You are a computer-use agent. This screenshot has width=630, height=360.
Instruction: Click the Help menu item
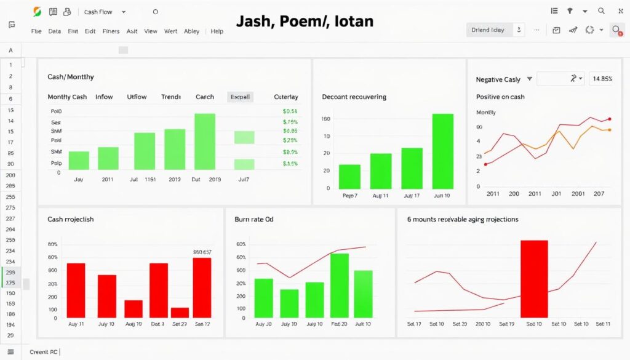[217, 31]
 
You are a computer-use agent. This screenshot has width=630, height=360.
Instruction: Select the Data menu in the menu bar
[55, 31]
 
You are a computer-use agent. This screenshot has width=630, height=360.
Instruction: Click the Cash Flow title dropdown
[105, 12]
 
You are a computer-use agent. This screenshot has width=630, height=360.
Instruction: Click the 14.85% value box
[601, 79]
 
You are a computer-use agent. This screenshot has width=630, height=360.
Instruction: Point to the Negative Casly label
[498, 79]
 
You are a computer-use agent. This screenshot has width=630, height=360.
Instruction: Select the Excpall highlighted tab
[240, 97]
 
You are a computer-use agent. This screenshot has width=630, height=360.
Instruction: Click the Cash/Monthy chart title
[71, 77]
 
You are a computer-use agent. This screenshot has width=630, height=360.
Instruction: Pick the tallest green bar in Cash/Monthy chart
[205, 141]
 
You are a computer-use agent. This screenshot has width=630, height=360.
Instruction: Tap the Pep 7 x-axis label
[349, 195]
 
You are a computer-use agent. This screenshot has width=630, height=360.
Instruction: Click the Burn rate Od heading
[254, 218]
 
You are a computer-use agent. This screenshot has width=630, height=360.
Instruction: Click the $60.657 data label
[202, 252]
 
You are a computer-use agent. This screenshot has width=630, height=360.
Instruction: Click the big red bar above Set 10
[534, 278]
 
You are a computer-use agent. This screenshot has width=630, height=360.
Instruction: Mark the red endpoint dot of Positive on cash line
[609, 119]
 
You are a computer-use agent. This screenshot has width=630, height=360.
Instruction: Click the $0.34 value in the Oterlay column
[290, 111]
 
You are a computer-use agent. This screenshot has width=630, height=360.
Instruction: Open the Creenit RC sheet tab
[43, 351]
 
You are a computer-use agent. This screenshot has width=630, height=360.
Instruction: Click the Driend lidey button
[488, 30]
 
